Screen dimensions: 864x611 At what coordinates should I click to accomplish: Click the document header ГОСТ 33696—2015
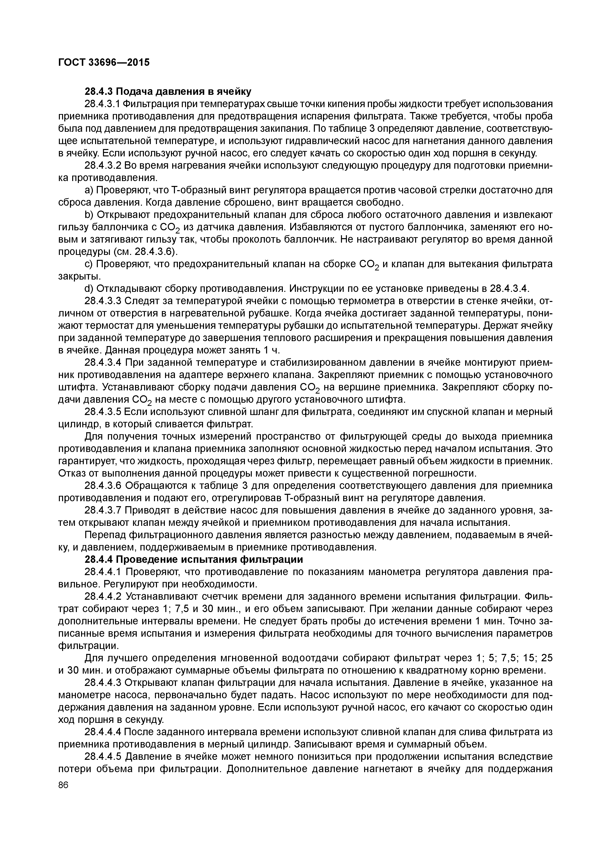click(104, 62)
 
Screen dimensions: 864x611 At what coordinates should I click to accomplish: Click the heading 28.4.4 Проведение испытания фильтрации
click(194, 560)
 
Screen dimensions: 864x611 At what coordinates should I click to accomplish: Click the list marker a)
click(89, 190)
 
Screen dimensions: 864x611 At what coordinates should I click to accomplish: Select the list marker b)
click(89, 215)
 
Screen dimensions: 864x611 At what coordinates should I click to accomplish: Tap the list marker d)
click(89, 289)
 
